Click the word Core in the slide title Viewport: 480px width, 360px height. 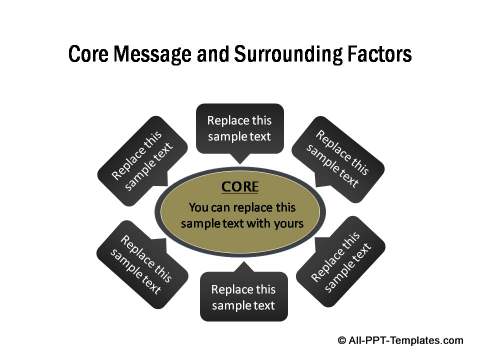coord(88,54)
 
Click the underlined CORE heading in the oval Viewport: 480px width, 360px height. coord(240,187)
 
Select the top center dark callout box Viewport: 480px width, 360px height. coord(240,128)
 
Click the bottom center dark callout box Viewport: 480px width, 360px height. coord(240,296)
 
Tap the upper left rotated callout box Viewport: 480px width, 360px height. coord(142,161)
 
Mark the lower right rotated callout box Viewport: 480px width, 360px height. coord(337,267)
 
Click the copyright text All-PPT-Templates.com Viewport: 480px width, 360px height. coord(411,341)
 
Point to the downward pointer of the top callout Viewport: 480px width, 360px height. coord(240,159)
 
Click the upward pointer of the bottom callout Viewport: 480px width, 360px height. coord(240,265)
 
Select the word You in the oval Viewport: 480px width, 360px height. coord(200,207)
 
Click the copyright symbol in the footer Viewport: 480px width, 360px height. coord(344,341)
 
